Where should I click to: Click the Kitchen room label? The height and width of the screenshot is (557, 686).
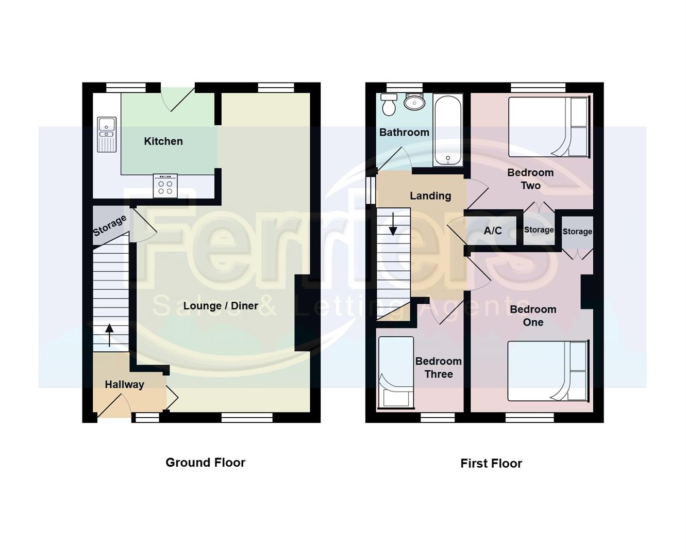coord(163,141)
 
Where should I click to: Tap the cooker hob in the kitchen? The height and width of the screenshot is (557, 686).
coord(165,186)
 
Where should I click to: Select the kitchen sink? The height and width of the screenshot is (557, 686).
coord(107,135)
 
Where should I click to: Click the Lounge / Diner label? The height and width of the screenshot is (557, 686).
coord(221,306)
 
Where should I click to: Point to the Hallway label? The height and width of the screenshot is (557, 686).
coord(124,384)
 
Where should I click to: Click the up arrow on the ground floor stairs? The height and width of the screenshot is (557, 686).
coord(109,334)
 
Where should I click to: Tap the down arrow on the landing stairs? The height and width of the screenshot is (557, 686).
coord(393,224)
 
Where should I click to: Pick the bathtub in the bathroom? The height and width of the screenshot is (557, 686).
coord(447,130)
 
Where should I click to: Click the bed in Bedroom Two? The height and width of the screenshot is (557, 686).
coord(548,127)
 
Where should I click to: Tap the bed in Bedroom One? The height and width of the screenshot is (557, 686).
coord(547,371)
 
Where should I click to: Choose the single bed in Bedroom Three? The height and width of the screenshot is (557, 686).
coord(396,372)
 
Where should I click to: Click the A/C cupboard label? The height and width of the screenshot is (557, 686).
coord(493,231)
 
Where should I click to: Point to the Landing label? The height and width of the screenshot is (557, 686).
coord(430,196)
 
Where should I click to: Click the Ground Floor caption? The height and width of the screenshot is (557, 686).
coord(205,463)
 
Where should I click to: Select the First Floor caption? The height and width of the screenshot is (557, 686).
coord(491,464)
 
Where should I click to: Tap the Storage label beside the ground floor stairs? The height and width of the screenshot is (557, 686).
coord(110,226)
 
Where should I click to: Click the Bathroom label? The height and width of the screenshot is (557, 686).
coord(404,133)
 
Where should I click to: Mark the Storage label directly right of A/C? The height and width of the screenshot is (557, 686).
coord(539,230)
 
